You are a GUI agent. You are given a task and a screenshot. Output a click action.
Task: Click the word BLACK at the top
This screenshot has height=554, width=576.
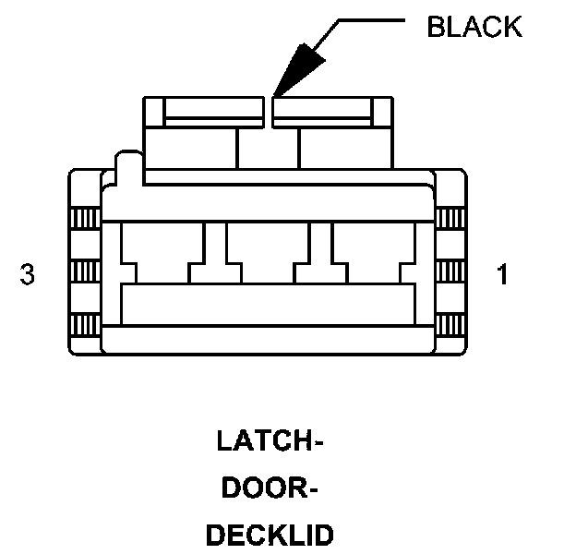pos(474,27)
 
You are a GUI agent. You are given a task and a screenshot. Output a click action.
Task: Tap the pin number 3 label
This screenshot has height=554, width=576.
pos(28,275)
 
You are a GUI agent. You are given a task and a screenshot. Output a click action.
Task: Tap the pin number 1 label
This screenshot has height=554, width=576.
pos(502,275)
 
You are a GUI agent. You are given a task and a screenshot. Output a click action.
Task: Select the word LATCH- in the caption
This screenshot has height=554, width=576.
pos(270,441)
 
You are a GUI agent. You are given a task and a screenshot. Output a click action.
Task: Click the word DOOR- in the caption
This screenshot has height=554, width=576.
pos(270,488)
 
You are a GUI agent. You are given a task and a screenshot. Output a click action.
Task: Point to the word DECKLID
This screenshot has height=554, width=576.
pos(270,536)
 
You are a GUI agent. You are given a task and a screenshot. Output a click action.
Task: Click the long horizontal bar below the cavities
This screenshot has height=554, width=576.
pos(268,304)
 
